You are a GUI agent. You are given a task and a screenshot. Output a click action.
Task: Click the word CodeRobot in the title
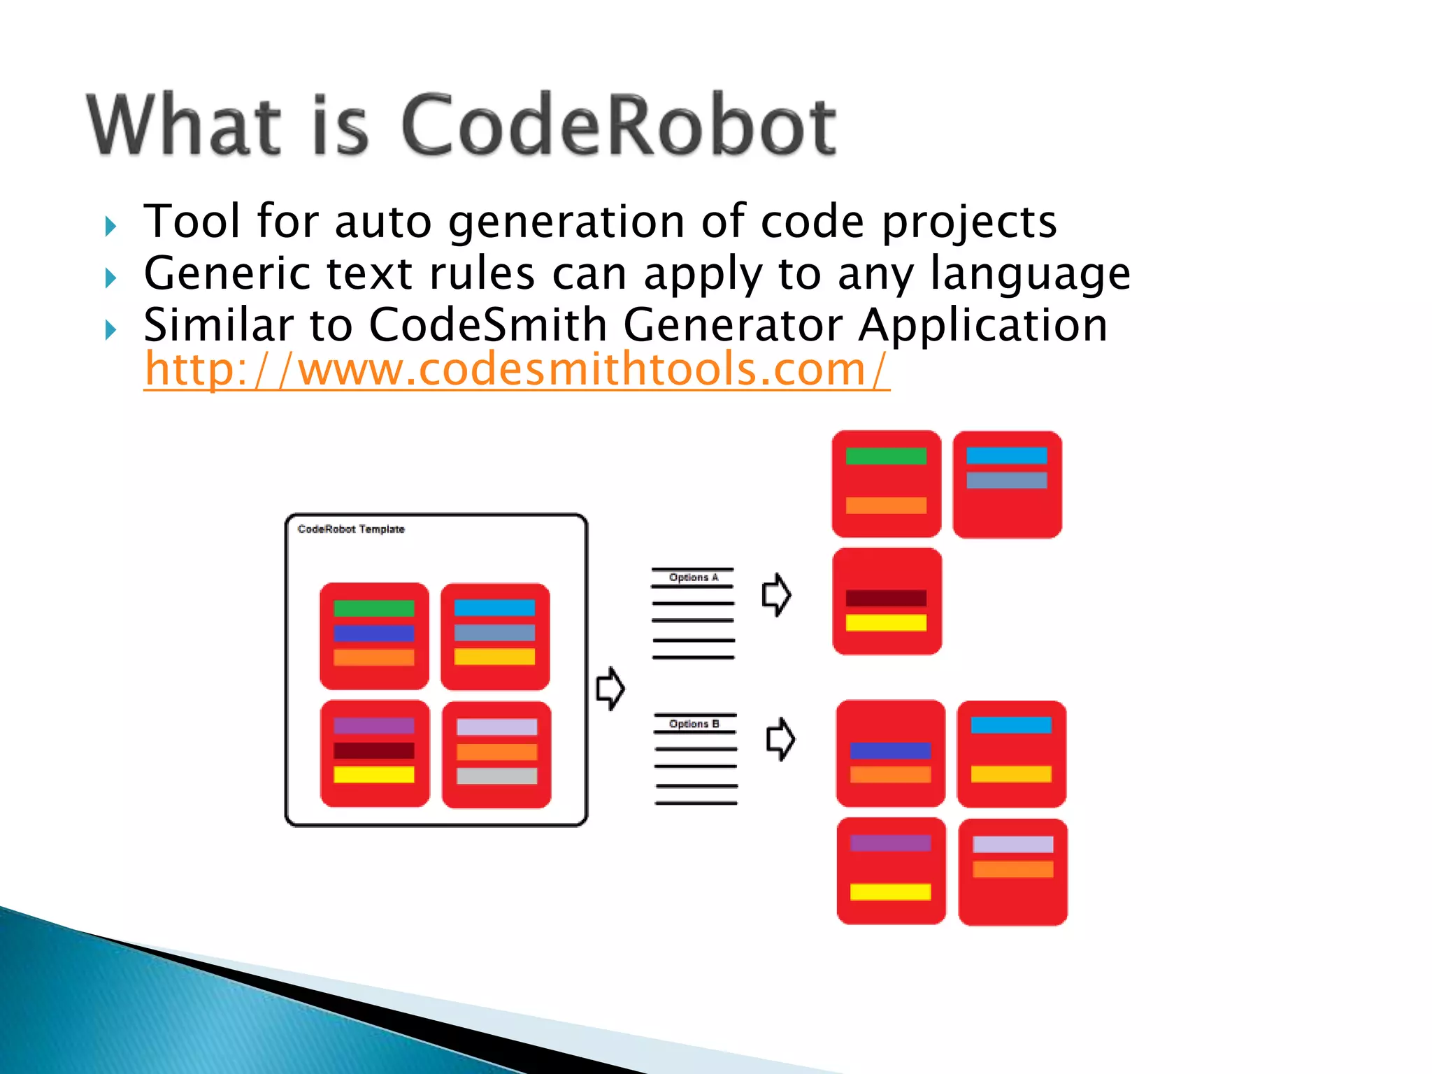[x=618, y=126]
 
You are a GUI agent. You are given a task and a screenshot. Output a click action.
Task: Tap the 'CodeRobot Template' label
[x=351, y=529]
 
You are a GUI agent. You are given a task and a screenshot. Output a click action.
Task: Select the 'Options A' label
[x=693, y=578]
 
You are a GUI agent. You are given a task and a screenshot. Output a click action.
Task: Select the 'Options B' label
[x=694, y=724]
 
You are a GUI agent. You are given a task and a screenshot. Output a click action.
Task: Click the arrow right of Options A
[x=776, y=595]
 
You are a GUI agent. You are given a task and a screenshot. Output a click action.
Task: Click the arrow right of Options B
[x=780, y=739]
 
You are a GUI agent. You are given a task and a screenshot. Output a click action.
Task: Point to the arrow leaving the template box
[x=610, y=688]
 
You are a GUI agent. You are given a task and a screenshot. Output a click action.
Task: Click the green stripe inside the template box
[x=373, y=608]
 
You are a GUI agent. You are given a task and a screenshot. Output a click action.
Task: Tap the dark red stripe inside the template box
[x=373, y=750]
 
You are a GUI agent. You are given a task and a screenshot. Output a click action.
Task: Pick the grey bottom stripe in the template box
[x=496, y=776]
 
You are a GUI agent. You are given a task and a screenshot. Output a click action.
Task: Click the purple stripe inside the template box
[x=373, y=726]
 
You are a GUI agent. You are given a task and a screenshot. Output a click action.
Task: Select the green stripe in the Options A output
[x=886, y=457]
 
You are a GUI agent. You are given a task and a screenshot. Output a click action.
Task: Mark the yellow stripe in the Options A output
[x=886, y=622]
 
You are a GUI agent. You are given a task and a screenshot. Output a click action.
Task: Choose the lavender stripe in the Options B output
[x=1012, y=845]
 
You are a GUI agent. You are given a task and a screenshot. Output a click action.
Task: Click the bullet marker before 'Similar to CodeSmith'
[x=110, y=329]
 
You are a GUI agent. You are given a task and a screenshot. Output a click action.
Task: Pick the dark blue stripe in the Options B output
[x=890, y=750]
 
